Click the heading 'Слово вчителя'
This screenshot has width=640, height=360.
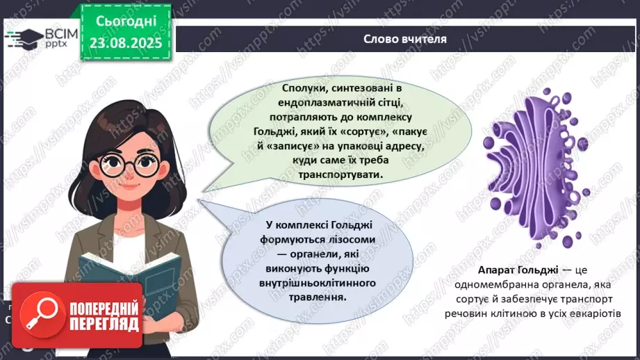(x=404, y=39)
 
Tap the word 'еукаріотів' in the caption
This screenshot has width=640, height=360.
(x=601, y=314)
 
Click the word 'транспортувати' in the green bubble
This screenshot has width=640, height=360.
(x=340, y=174)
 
